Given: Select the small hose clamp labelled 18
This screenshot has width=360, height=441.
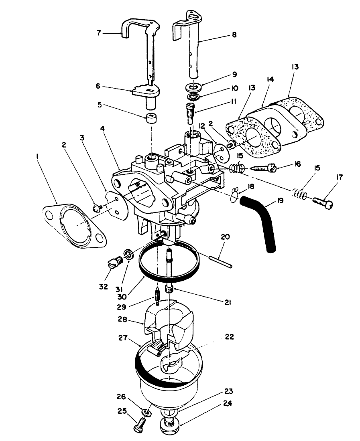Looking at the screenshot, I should (236, 195).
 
